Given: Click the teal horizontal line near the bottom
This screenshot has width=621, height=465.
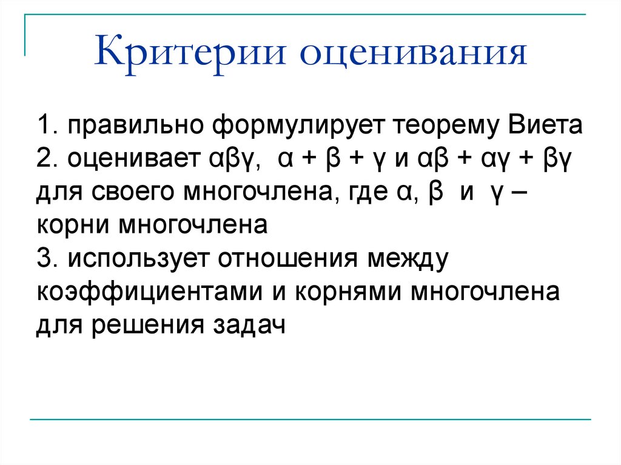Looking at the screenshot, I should (x=309, y=419).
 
